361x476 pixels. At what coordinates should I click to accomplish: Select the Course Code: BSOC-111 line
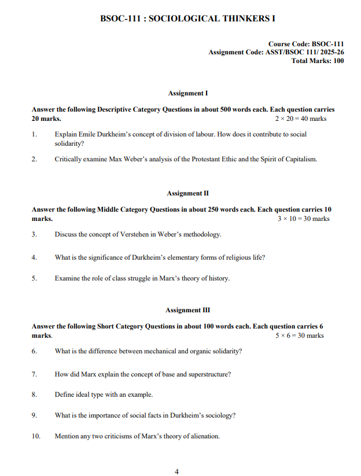tap(305, 44)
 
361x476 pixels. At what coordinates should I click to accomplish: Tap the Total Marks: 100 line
tap(317, 61)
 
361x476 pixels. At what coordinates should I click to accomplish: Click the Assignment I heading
tap(187, 93)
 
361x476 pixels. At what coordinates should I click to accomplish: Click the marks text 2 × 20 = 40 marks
tap(301, 119)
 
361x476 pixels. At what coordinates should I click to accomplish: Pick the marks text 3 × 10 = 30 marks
tap(304, 219)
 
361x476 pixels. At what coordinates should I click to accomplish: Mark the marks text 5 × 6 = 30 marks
tap(300, 335)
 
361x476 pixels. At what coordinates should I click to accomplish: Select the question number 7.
tap(35, 374)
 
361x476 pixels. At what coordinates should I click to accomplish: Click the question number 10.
tap(36, 436)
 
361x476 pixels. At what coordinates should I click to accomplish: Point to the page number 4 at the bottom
tap(177, 471)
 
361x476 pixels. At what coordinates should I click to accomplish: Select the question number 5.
tap(35, 278)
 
